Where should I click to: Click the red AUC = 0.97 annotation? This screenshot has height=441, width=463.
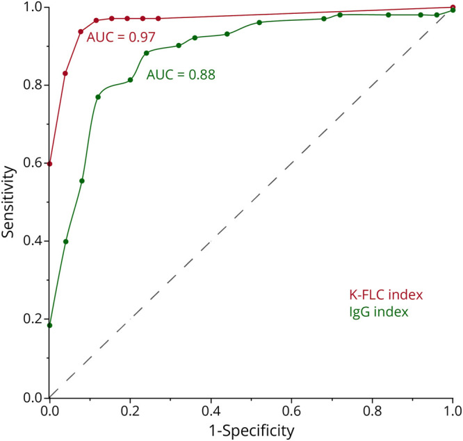click(x=121, y=38)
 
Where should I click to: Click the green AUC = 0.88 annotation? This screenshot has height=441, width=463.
click(x=181, y=74)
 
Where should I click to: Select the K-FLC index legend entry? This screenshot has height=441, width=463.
click(x=386, y=294)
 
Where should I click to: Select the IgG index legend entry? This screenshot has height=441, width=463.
click(x=379, y=312)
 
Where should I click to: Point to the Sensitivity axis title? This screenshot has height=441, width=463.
click(x=8, y=202)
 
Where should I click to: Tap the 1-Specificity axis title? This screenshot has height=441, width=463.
click(x=252, y=431)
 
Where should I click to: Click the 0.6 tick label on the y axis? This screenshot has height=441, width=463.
click(x=32, y=163)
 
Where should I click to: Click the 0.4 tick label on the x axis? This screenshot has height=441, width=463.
click(x=211, y=411)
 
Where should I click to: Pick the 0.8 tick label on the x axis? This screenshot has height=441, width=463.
click(x=372, y=411)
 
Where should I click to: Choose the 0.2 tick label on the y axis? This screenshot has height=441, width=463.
click(x=32, y=319)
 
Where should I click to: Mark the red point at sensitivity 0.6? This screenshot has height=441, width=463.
click(x=49, y=164)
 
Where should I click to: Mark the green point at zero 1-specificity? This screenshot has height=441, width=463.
click(x=49, y=326)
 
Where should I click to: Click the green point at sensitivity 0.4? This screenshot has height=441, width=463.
click(x=66, y=242)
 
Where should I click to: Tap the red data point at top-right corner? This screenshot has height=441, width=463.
click(x=453, y=7)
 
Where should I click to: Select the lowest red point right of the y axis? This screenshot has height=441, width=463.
click(x=65, y=74)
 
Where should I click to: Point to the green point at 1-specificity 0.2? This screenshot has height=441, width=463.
click(x=130, y=80)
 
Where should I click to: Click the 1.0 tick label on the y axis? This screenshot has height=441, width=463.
click(x=32, y=8)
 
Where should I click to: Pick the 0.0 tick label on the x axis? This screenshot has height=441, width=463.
click(x=49, y=411)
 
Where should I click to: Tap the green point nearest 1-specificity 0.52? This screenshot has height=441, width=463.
click(x=259, y=23)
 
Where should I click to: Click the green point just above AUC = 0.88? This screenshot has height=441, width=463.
click(x=146, y=53)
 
